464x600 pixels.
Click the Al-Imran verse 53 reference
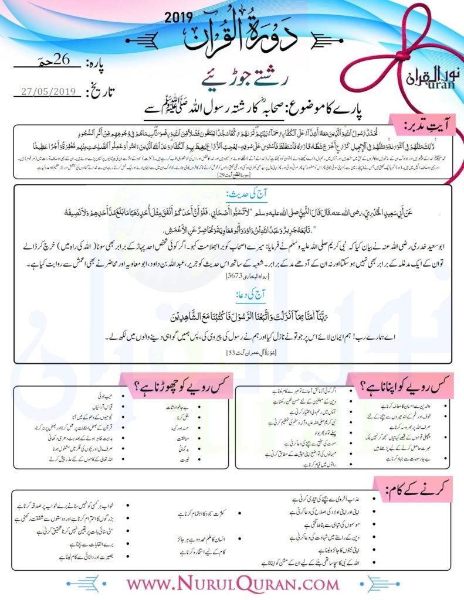click(x=233, y=354)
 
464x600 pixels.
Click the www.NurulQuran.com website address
click(x=232, y=585)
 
